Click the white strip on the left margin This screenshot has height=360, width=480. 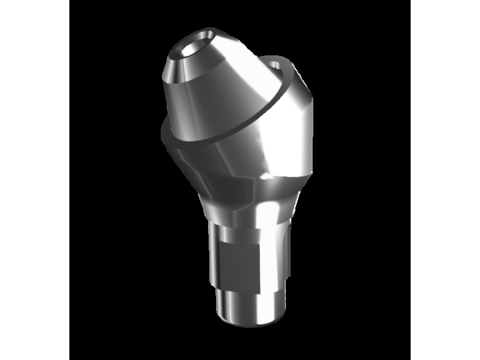(35, 180)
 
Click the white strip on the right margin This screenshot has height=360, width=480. (445, 180)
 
